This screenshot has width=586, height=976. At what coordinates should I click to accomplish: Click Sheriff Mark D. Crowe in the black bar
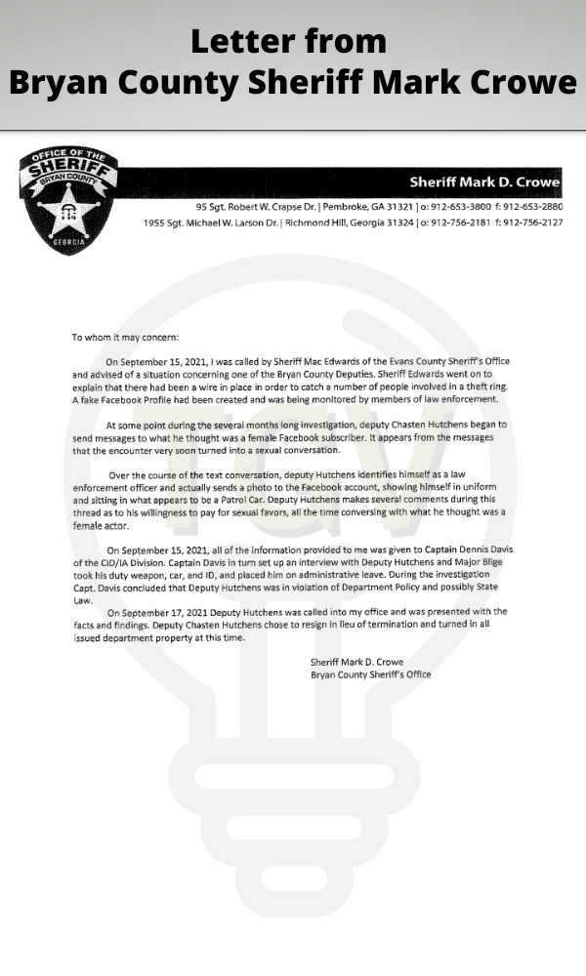484,183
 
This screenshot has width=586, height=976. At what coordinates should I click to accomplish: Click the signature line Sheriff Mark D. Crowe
356,662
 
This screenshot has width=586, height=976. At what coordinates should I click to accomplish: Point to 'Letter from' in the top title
288,41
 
